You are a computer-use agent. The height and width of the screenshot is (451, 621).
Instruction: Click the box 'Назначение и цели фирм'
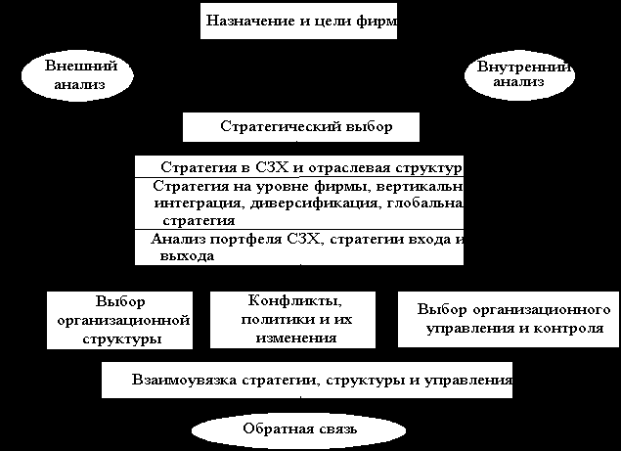tap(298, 20)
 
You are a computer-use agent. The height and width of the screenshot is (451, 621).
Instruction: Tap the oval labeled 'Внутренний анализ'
tap(517, 75)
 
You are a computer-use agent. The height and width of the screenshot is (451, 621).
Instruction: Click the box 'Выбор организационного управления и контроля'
tap(508, 319)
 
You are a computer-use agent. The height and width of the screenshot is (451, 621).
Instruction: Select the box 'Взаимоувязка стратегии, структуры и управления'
tap(307, 379)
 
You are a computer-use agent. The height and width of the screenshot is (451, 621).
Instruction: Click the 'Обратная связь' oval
tap(300, 428)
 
